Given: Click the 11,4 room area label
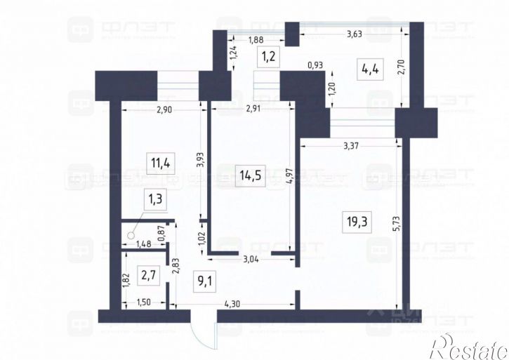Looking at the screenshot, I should coord(160,165).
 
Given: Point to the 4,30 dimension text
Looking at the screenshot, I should coord(233,303).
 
